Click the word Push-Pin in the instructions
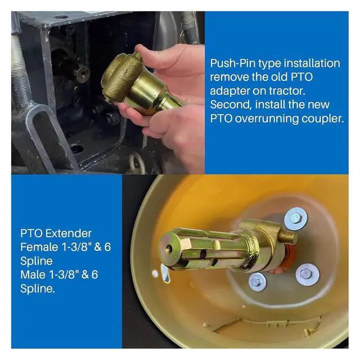pyautogui.click(x=232, y=64)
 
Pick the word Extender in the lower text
pyautogui.click(x=69, y=233)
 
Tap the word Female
pyautogui.click(x=39, y=247)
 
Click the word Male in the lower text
pyautogui.click(x=33, y=275)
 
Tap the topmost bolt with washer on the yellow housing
pyautogui.click(x=295, y=218)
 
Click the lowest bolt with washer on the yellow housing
pyautogui.click(x=258, y=282)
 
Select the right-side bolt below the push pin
pyautogui.click(x=307, y=274)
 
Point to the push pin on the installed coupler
pyautogui.click(x=288, y=237)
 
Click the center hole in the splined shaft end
pyautogui.click(x=169, y=247)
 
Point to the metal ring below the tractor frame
pyautogui.click(x=137, y=163)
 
